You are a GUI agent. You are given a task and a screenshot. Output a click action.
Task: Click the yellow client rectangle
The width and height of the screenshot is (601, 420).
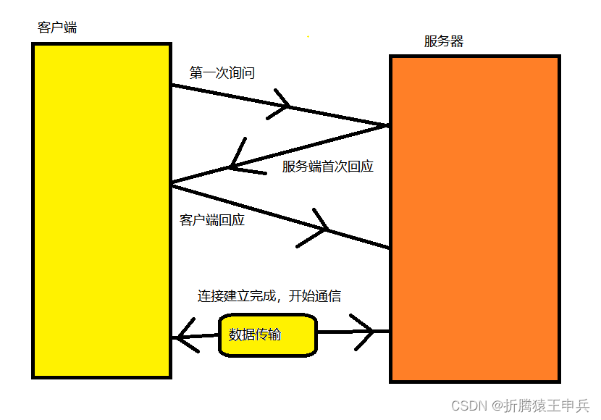[101, 210]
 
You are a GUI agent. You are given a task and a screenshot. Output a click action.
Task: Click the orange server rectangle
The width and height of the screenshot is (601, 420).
[474, 217]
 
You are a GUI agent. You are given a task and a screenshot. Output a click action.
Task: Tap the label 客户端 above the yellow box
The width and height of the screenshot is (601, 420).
[56, 28]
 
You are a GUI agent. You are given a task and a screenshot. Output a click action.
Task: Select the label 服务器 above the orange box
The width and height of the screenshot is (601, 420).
[443, 41]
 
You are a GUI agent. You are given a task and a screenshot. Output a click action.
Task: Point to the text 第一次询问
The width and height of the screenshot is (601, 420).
[222, 73]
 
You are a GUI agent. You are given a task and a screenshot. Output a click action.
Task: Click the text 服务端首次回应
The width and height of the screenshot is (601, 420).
[327, 167]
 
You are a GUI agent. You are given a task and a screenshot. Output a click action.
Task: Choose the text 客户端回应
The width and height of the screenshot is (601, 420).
[211, 220]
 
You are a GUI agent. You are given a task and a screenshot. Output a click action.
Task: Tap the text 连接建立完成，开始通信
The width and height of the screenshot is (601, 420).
[269, 296]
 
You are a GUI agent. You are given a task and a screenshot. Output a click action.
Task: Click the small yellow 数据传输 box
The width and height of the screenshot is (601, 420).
[268, 335]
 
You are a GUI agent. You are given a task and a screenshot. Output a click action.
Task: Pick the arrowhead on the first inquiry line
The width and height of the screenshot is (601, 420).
[284, 106]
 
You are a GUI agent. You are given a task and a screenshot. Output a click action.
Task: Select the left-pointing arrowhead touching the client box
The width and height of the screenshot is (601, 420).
[185, 336]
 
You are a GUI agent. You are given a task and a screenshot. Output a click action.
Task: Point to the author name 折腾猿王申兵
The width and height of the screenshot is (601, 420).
[547, 406]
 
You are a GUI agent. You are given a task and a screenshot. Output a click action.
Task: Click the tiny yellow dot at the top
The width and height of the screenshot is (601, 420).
[308, 35]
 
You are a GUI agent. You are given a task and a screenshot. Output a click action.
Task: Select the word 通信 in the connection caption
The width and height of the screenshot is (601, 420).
[327, 296]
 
